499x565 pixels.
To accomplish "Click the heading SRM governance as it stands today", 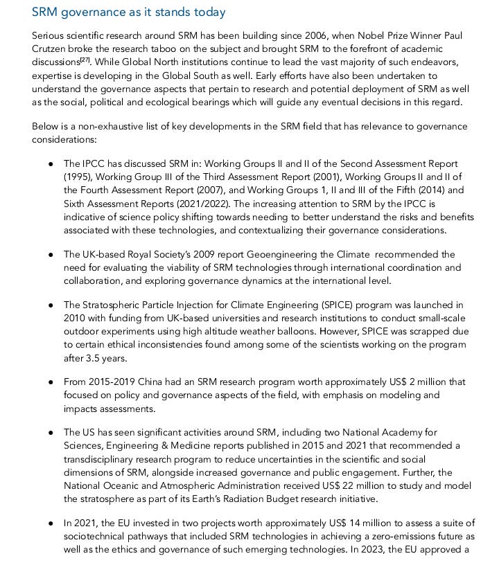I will pos(128,12).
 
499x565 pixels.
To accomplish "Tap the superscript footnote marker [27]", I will pos(85,60).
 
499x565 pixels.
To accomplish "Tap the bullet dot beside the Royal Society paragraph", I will pos(51,255).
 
